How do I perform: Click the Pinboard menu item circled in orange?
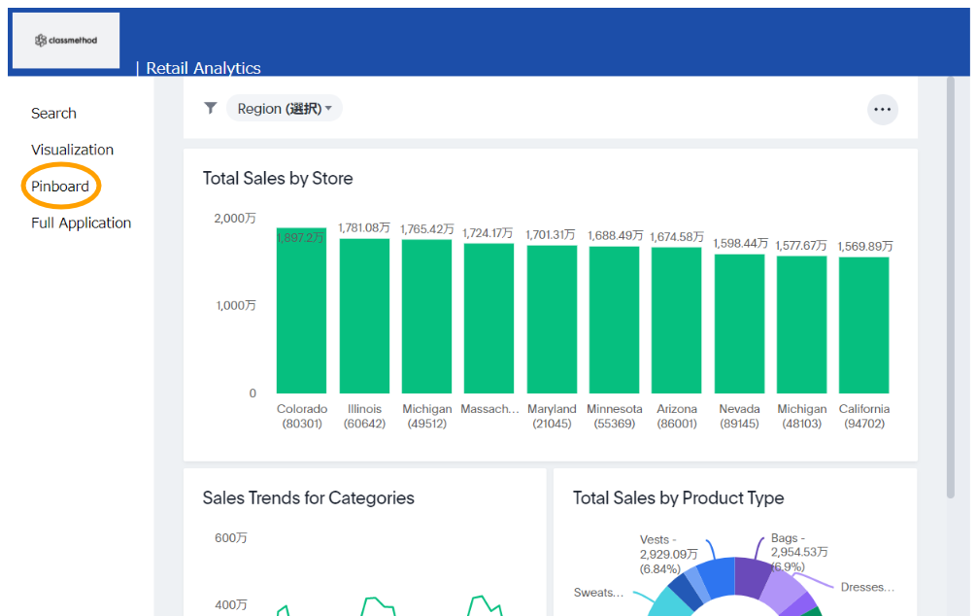60,187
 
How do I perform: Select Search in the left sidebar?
53,114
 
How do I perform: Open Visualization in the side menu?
72,150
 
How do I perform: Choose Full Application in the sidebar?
81,222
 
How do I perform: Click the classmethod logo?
66,40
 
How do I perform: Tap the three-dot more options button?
882,110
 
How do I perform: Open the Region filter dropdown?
285,109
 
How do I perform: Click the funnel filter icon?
210,108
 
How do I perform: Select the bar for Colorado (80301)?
301,311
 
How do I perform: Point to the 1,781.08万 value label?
363,227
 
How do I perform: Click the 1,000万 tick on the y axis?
235,305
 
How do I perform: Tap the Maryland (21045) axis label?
552,416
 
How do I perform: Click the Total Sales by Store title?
278,179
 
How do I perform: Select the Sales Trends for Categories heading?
308,498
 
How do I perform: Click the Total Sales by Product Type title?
678,498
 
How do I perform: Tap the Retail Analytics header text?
203,68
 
